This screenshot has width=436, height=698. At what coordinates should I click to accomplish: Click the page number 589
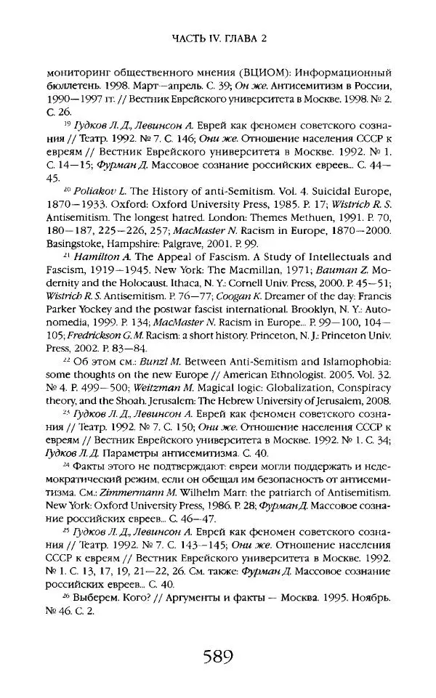pyautogui.click(x=217, y=657)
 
